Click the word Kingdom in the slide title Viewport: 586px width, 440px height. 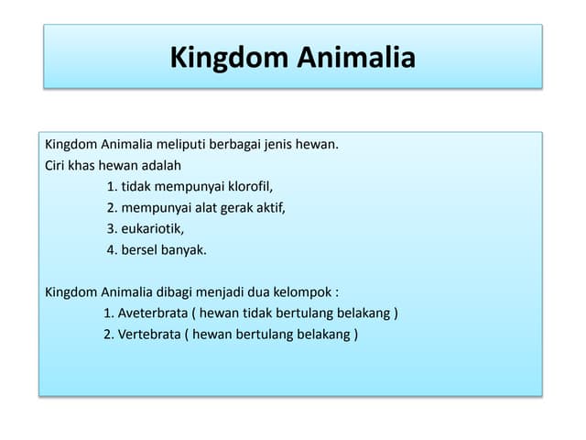[x=228, y=58]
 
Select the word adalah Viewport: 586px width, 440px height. [x=161, y=166]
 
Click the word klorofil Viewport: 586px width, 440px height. [x=248, y=187]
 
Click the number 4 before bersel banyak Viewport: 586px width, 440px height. [x=111, y=250]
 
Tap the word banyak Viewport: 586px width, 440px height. [x=185, y=250]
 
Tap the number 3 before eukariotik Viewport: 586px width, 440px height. [x=111, y=229]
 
